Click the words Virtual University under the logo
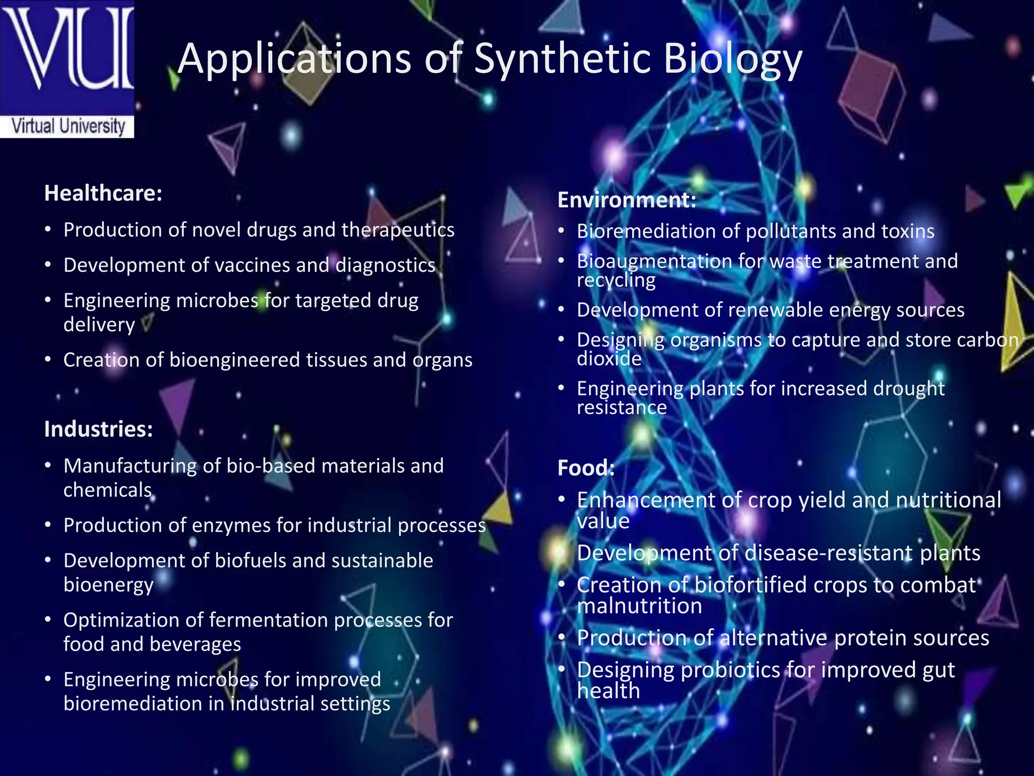(x=68, y=126)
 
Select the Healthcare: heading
(x=103, y=193)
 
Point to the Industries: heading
(x=98, y=429)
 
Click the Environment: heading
(x=627, y=200)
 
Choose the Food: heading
(x=586, y=468)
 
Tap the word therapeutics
(x=398, y=230)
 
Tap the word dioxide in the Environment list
(x=609, y=359)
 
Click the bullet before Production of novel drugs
(x=48, y=230)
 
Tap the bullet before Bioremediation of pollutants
(x=561, y=231)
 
